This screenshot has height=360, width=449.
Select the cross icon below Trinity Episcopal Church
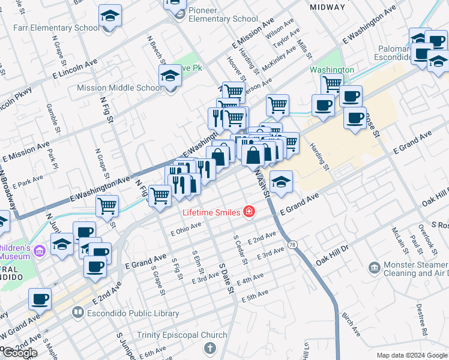click(209, 347)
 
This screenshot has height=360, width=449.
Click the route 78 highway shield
click(292, 244)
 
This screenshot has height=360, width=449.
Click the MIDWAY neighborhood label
click(328, 7)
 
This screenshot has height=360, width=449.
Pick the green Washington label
click(332, 70)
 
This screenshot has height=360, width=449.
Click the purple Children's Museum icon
click(40, 249)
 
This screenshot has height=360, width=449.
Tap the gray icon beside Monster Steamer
click(375, 266)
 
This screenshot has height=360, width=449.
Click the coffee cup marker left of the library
click(40, 298)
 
